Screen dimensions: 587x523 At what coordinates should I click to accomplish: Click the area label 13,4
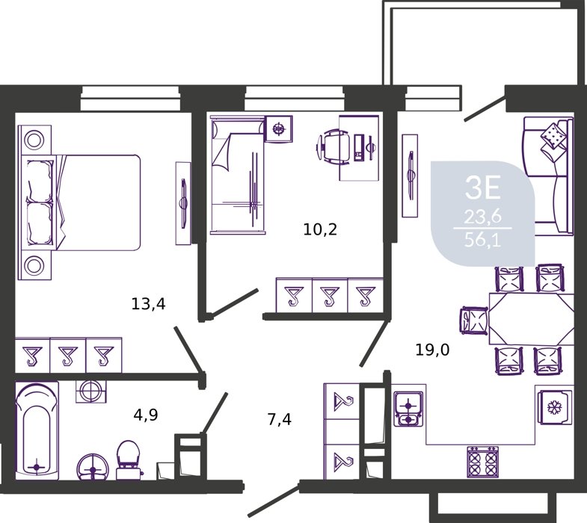[148, 304]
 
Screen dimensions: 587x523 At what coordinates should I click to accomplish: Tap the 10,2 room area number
[320, 229]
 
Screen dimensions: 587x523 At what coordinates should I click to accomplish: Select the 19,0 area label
[432, 350]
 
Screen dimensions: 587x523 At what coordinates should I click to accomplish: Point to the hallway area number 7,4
[279, 419]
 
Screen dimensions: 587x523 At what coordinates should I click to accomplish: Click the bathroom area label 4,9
[146, 415]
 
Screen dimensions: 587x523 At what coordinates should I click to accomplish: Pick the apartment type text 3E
[482, 188]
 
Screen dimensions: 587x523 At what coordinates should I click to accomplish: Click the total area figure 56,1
[482, 239]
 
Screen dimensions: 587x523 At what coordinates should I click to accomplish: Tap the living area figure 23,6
[482, 216]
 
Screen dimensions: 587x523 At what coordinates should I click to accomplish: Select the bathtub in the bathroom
[37, 430]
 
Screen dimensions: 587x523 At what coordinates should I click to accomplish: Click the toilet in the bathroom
[128, 459]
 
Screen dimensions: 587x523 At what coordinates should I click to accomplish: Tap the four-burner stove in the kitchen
[483, 461]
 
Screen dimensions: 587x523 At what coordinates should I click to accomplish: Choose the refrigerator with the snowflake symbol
[556, 407]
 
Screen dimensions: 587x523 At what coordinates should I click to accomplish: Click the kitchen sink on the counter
[408, 409]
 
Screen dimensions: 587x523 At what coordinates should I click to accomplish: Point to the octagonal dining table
[531, 319]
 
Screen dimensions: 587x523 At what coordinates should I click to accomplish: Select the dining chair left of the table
[473, 320]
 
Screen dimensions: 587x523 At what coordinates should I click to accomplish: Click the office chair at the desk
[334, 146]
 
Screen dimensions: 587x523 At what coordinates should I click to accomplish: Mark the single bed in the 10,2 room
[238, 175]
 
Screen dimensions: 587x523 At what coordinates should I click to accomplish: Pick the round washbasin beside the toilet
[93, 467]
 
